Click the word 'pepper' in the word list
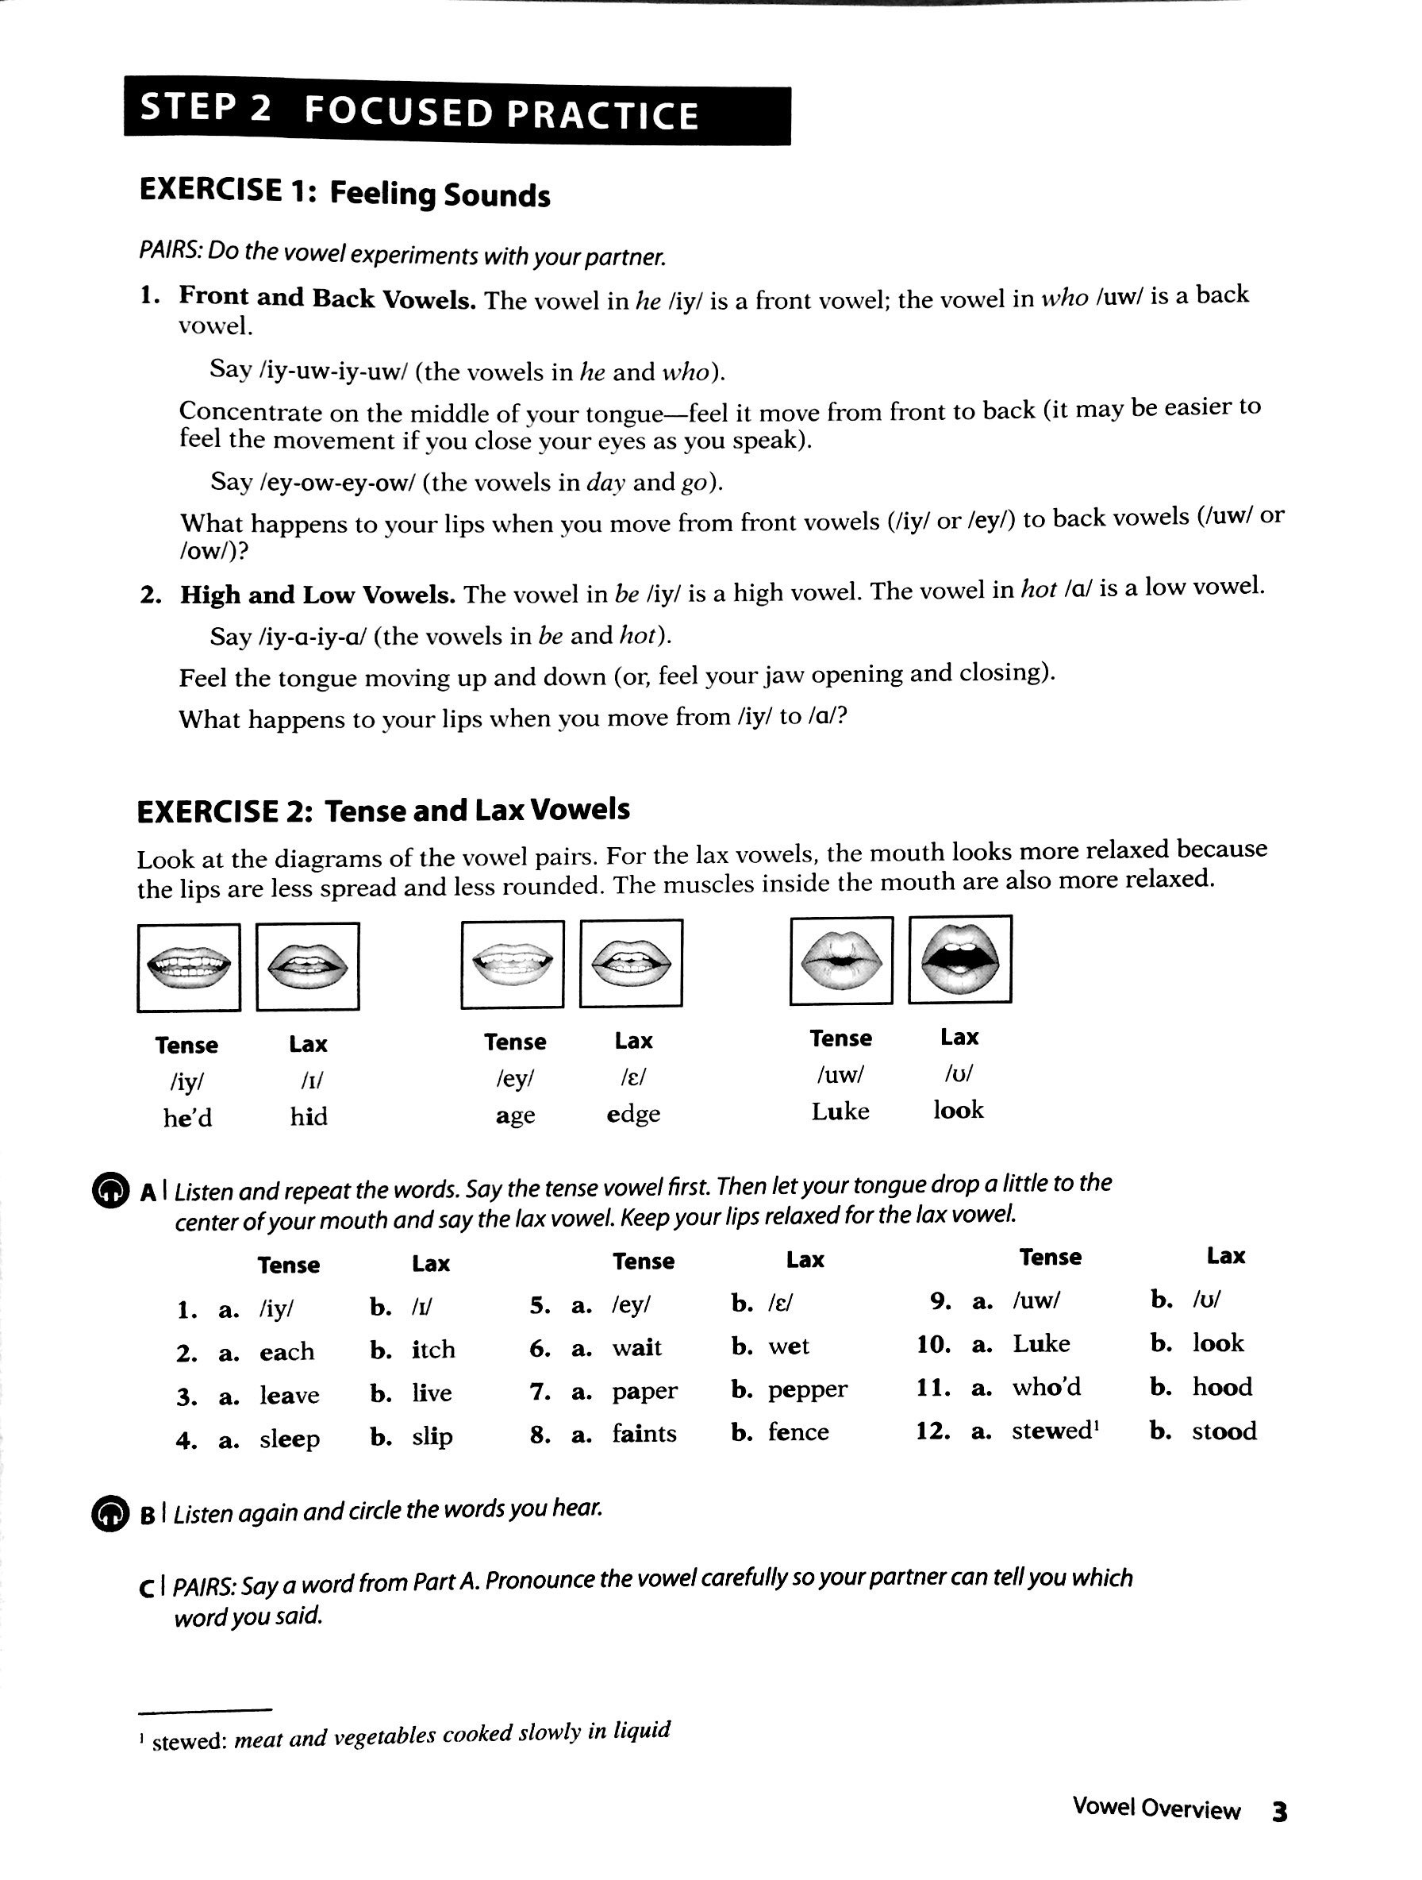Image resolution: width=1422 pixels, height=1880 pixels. pyautogui.click(x=807, y=1389)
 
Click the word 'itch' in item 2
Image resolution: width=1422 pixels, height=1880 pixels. pyautogui.click(x=433, y=1350)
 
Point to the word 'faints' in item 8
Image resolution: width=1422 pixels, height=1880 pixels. pyautogui.click(x=644, y=1434)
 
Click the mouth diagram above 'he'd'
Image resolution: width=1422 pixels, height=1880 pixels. pyautogui.click(x=189, y=967)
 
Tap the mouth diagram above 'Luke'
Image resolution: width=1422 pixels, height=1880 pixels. pyautogui.click(x=841, y=961)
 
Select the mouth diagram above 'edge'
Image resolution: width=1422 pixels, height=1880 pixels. pyautogui.click(x=631, y=964)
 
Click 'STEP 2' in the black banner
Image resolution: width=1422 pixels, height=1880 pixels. pyautogui.click(x=206, y=108)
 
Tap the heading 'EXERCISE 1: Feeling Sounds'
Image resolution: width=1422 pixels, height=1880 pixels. pyautogui.click(x=344, y=192)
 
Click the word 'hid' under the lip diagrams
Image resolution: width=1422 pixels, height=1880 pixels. pyautogui.click(x=309, y=1116)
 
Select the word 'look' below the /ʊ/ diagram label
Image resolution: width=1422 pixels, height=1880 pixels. pyautogui.click(x=959, y=1110)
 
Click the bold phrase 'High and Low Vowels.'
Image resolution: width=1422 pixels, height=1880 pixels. pyautogui.click(x=317, y=594)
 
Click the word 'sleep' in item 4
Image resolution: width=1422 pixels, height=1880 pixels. pyautogui.click(x=290, y=1439)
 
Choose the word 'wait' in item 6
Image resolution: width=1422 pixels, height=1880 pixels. pyautogui.click(x=637, y=1348)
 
